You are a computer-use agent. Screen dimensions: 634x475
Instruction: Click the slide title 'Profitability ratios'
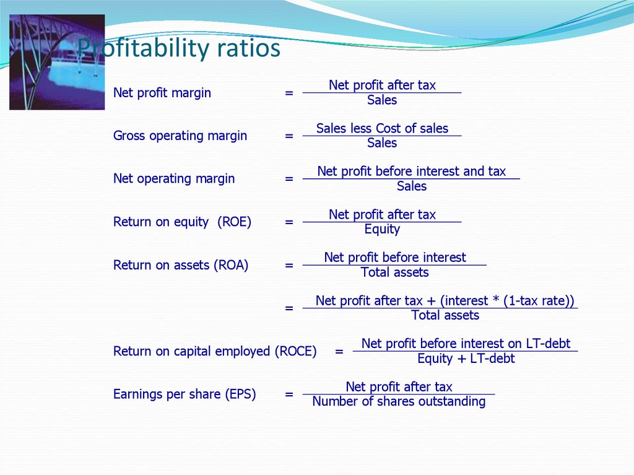pyautogui.click(x=179, y=48)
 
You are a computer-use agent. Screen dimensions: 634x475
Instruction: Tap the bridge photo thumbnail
pyautogui.click(x=57, y=63)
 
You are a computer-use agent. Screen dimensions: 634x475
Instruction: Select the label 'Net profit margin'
pyautogui.click(x=162, y=93)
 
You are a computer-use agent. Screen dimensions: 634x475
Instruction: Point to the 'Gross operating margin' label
pyautogui.click(x=180, y=136)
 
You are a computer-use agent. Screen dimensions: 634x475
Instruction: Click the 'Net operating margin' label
pyautogui.click(x=174, y=178)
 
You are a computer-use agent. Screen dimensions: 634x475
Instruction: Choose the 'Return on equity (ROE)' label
pyautogui.click(x=183, y=222)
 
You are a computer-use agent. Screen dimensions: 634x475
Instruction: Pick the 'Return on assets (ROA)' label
pyautogui.click(x=181, y=265)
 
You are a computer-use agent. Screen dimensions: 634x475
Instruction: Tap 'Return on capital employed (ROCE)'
pyautogui.click(x=215, y=351)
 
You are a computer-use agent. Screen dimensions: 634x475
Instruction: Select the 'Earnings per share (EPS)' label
pyautogui.click(x=185, y=394)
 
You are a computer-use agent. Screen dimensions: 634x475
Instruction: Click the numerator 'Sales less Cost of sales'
pyautogui.click(x=382, y=128)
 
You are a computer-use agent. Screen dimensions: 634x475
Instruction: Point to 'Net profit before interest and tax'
pyautogui.click(x=412, y=171)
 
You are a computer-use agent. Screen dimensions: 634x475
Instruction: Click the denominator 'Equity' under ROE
pyautogui.click(x=382, y=229)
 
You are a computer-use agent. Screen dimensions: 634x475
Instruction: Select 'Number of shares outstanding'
pyautogui.click(x=399, y=401)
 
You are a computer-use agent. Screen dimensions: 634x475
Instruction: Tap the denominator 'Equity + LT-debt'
pyautogui.click(x=466, y=359)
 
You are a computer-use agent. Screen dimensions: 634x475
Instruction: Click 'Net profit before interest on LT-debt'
pyautogui.click(x=466, y=344)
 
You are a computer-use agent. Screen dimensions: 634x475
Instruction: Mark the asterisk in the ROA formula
pyautogui.click(x=496, y=299)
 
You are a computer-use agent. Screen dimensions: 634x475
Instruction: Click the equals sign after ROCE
pyautogui.click(x=339, y=351)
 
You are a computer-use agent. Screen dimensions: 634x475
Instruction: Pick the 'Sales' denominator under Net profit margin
pyautogui.click(x=382, y=100)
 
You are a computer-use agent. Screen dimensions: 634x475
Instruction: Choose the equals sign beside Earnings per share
pyautogui.click(x=289, y=394)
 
